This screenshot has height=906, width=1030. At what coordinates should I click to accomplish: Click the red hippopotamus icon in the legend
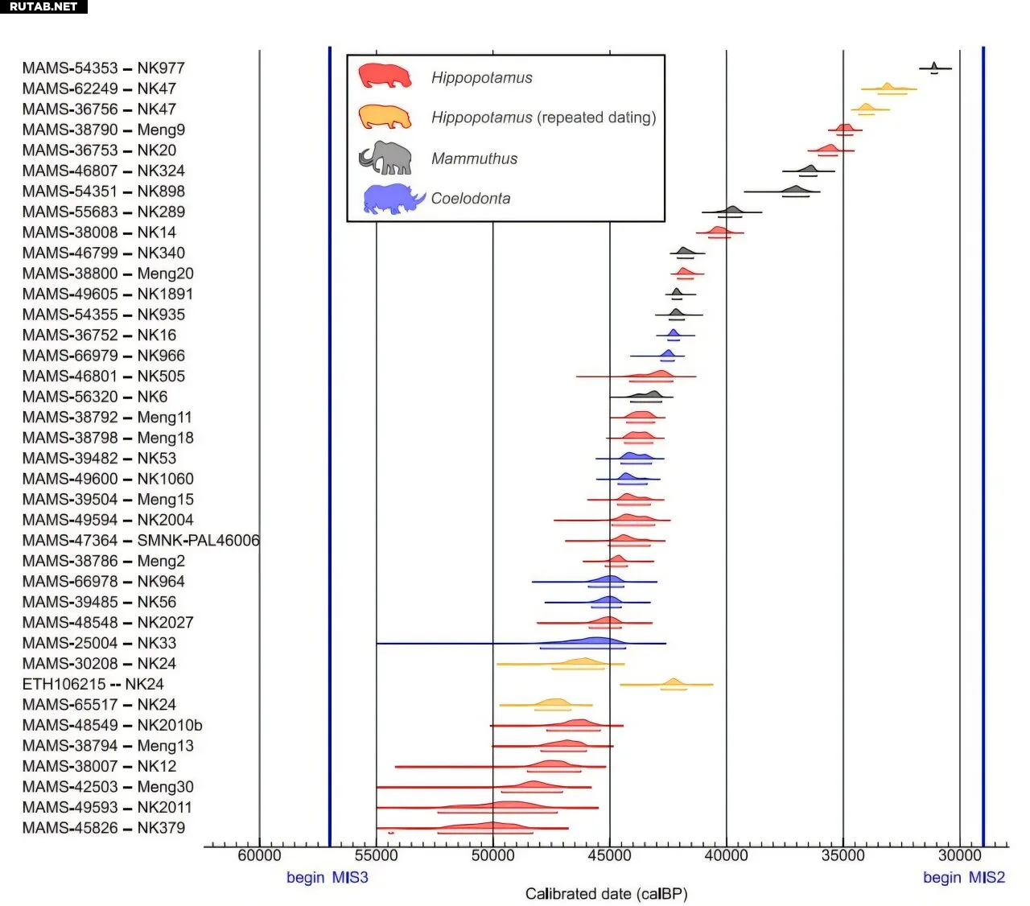(x=385, y=76)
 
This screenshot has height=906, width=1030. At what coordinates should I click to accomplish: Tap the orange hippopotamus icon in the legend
(x=385, y=117)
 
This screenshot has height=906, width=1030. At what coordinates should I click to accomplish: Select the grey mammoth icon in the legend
(x=385, y=158)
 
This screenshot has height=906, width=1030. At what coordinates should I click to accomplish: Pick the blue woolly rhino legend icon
(x=393, y=199)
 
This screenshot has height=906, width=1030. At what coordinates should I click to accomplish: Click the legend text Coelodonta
(x=471, y=199)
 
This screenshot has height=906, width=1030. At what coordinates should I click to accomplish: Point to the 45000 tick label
(x=609, y=855)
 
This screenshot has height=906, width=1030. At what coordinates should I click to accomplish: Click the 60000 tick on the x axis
(x=259, y=855)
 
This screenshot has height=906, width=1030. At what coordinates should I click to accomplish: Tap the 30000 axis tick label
(x=959, y=855)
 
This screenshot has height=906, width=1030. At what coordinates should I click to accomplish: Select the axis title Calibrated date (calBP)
(x=606, y=894)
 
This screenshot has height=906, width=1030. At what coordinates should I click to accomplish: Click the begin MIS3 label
(x=327, y=877)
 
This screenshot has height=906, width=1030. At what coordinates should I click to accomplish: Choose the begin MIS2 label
(x=963, y=877)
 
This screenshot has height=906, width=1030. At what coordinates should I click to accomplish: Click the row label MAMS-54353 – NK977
(x=103, y=68)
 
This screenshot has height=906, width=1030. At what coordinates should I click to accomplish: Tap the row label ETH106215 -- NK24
(x=93, y=684)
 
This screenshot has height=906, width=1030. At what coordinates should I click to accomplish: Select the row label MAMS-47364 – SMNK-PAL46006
(x=141, y=541)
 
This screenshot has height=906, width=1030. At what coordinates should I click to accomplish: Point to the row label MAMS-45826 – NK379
(x=103, y=828)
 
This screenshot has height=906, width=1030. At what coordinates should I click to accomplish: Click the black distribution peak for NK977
(x=933, y=67)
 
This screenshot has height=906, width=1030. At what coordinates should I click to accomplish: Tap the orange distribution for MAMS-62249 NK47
(x=887, y=87)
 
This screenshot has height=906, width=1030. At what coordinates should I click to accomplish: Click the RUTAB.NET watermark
(x=43, y=6)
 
